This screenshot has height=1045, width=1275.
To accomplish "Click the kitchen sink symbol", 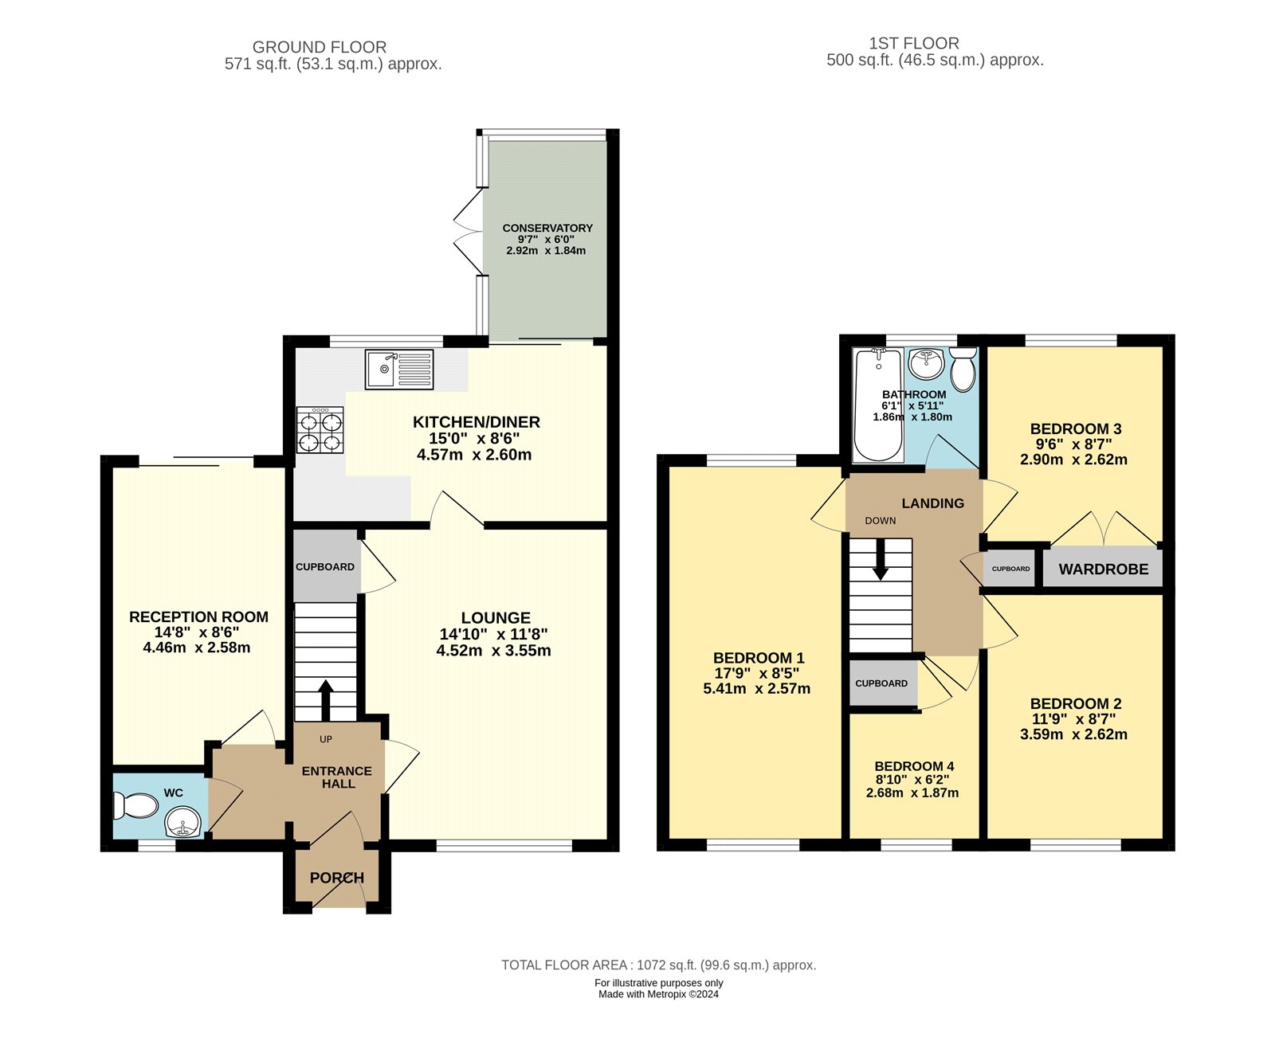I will pyautogui.click(x=399, y=370).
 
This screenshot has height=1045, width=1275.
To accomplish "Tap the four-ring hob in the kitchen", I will pyautogui.click(x=320, y=430).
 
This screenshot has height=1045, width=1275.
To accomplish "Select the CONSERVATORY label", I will pyautogui.click(x=547, y=228).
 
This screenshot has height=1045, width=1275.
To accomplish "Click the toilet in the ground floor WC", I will pyautogui.click(x=137, y=805).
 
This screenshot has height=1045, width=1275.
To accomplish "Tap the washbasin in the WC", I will pyautogui.click(x=183, y=821).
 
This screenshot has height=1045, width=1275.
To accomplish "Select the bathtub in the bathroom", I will pyautogui.click(x=877, y=406).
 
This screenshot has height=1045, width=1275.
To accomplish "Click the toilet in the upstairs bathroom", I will pyautogui.click(x=963, y=369).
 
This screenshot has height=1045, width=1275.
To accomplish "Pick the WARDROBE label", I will pyautogui.click(x=1103, y=569).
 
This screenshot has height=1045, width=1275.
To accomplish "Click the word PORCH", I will pyautogui.click(x=337, y=878).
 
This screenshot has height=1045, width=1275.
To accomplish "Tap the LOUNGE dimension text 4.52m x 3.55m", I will pyautogui.click(x=493, y=651).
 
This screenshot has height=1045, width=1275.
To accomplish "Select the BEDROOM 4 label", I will pyautogui.click(x=914, y=766).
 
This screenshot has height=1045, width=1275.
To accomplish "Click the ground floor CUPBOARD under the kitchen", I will pyautogui.click(x=325, y=567).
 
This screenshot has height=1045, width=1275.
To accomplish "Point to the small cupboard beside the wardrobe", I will pyautogui.click(x=1010, y=569).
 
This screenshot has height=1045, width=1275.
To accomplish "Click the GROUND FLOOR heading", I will pyautogui.click(x=320, y=47).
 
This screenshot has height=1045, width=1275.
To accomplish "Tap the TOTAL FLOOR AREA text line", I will pyautogui.click(x=658, y=965).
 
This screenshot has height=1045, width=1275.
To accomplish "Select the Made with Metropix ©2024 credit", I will pyautogui.click(x=658, y=994).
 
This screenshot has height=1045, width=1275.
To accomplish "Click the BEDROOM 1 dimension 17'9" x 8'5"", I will pyautogui.click(x=756, y=673).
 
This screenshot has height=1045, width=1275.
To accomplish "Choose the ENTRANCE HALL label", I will pyautogui.click(x=337, y=777).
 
